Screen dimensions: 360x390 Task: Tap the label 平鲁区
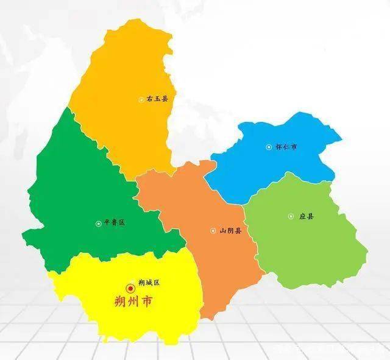[114, 223]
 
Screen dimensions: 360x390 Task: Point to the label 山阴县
[230, 231]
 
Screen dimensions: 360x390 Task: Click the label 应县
[307, 216]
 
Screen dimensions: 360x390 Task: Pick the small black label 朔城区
[149, 283]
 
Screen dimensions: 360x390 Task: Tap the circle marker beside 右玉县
[141, 99]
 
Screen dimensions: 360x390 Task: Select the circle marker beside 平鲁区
[98, 224]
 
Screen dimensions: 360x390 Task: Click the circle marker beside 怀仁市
[269, 147]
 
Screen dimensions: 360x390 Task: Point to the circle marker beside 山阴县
[213, 231]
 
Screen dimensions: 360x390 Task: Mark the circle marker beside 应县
[291, 216]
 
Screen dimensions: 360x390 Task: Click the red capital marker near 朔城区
[130, 288]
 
